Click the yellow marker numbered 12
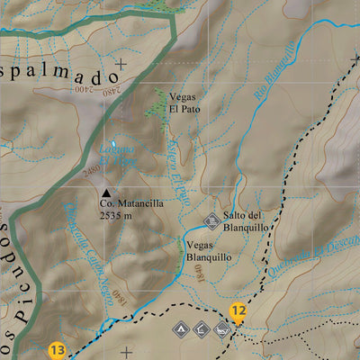pos(238,312)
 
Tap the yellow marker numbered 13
pos(58,350)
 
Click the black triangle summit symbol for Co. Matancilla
pos(107,193)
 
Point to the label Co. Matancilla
pos(131,203)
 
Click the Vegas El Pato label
pos(184,103)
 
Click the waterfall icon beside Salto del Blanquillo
pos(212,219)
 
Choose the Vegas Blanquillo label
pos(211,249)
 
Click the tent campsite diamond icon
pos(181,330)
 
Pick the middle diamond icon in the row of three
pos(202,330)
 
